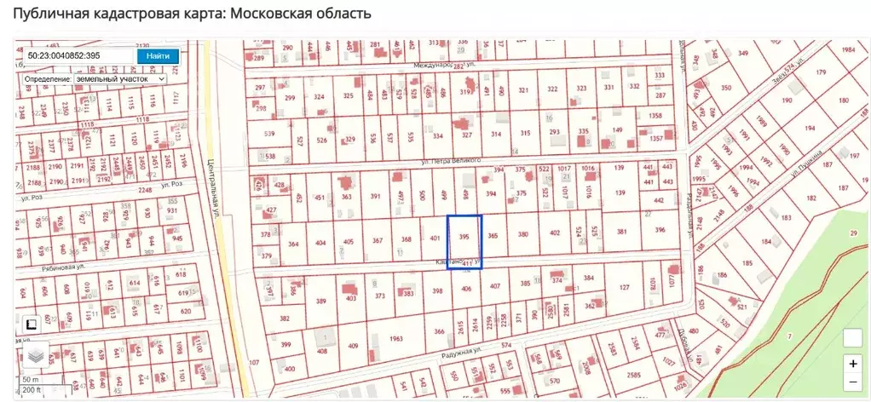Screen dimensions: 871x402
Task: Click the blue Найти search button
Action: tap(158, 55)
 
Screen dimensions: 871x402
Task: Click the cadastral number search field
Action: tap(78, 55)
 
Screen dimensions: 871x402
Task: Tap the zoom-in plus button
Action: tap(853, 363)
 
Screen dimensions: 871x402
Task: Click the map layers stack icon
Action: tap(34, 354)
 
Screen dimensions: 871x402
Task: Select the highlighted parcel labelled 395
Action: tap(464, 236)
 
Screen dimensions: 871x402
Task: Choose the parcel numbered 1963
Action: tap(395, 338)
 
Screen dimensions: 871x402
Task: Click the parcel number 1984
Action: tap(848, 49)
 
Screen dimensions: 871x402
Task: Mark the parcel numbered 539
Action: tap(269, 134)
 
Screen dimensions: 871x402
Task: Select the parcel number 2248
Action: tap(145, 190)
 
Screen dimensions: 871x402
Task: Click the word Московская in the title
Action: tap(278, 14)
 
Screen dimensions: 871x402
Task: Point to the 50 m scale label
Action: tap(31, 378)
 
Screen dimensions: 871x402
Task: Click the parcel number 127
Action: tap(625, 287)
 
